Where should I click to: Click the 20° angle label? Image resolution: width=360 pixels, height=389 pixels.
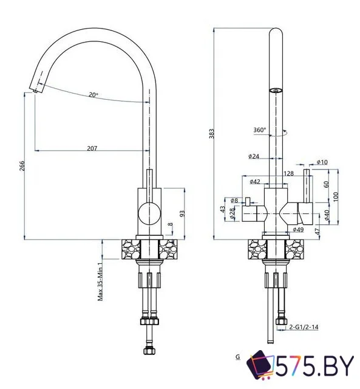pos(93,94)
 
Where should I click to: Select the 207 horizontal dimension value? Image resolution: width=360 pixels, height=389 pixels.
pos(93,148)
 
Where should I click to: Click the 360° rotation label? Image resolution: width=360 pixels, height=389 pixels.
pos(260,129)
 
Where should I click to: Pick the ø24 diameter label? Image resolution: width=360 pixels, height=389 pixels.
pos(254,157)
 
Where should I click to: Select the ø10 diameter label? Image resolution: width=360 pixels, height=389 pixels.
pos(322,162)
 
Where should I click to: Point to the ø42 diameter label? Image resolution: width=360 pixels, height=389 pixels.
pos(255,181)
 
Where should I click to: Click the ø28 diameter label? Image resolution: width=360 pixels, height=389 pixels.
pos(231,212)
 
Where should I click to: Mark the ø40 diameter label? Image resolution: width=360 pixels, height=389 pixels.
pos(327,215)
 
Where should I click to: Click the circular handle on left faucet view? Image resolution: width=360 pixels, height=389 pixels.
pos(149,214)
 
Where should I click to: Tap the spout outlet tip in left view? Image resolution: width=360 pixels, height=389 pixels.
pos(37,91)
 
